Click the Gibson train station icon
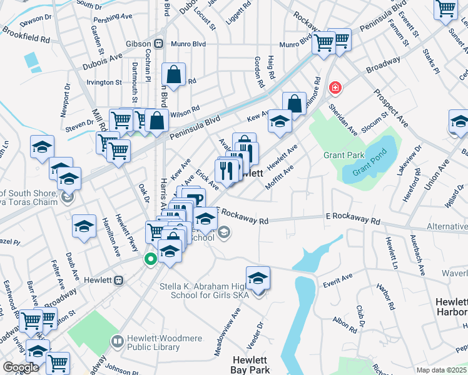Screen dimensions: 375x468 point(160,44)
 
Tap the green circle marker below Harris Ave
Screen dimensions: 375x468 point(150,259)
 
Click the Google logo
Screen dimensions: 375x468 point(21,367)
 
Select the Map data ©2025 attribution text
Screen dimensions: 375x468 point(441,370)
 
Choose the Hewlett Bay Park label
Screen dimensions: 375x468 point(251,365)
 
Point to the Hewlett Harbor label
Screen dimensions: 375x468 point(451,306)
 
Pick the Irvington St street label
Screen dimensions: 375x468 point(104,82)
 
